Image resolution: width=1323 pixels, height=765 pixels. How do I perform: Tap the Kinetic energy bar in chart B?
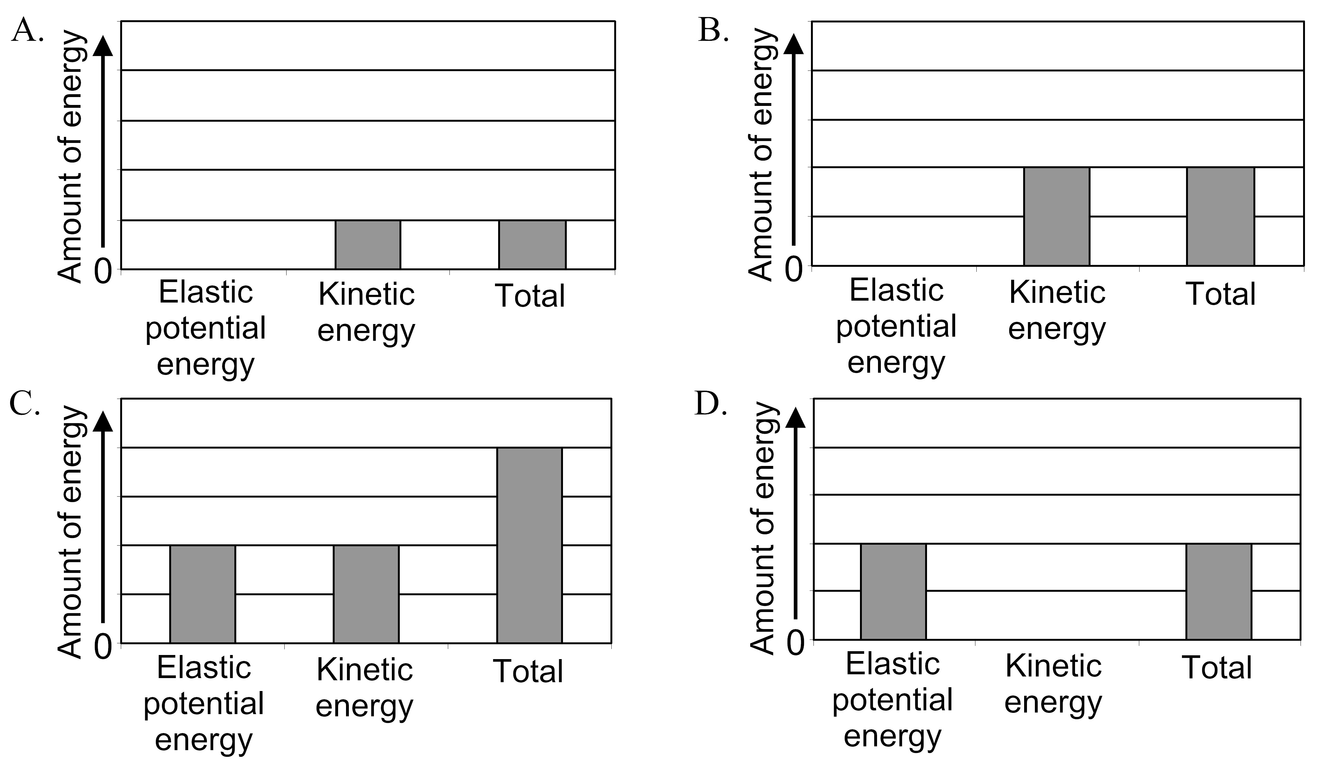tap(1056, 216)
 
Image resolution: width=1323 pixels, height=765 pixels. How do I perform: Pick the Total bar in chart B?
tap(1220, 216)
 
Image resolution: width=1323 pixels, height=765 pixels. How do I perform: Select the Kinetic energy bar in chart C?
tap(366, 594)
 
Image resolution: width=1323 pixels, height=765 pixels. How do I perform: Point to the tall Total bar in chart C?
tap(529, 545)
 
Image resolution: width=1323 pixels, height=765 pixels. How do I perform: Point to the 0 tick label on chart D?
tap(795, 643)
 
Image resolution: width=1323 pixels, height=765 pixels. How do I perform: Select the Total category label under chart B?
tap(1221, 294)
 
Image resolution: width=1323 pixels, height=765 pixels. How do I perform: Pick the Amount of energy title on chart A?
tap(71, 157)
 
